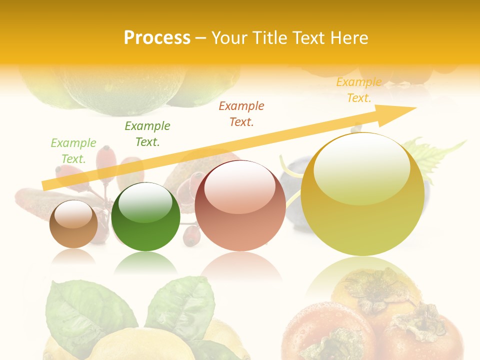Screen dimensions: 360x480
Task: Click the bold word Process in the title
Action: [157, 38]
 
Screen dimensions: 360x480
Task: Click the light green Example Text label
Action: [73, 151]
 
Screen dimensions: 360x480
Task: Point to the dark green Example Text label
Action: [147, 134]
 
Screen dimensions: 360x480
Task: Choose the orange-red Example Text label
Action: [241, 114]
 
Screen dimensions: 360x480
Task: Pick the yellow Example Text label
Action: [359, 90]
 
